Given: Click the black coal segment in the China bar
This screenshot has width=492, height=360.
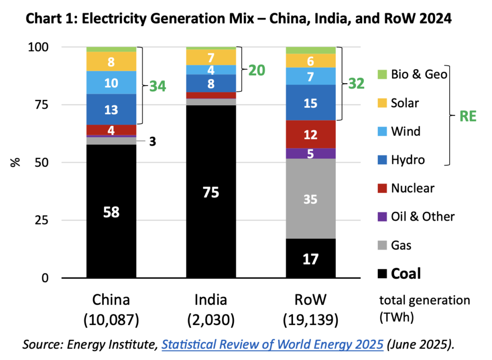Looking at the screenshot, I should click(x=111, y=211).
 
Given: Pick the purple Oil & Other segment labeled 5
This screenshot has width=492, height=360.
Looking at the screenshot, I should click(x=310, y=153).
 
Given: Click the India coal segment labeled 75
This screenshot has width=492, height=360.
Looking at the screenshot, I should click(x=211, y=192).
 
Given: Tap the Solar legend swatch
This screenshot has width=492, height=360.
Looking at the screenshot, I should click(x=382, y=103).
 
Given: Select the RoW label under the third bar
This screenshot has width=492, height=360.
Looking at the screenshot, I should click(x=310, y=300).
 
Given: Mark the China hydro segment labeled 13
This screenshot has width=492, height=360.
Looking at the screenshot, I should click(x=111, y=110).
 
